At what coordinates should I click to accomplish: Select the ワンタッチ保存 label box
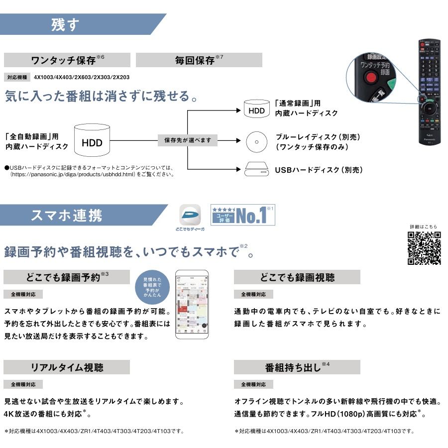click(67, 60)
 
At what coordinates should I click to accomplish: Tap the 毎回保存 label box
click(199, 60)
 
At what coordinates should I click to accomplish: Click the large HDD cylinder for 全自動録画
click(92, 140)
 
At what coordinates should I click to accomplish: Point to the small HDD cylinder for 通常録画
click(257, 109)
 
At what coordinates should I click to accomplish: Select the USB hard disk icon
click(257, 170)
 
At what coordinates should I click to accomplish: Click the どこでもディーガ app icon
click(190, 216)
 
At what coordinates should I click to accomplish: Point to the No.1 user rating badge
click(242, 215)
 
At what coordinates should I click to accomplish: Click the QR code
click(424, 248)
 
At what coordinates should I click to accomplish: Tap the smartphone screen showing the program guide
click(191, 304)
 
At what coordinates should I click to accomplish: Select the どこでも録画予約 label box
click(67, 277)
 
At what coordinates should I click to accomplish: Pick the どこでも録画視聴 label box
click(297, 277)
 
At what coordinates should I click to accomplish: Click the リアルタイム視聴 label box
click(67, 367)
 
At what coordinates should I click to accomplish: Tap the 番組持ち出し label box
click(297, 367)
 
